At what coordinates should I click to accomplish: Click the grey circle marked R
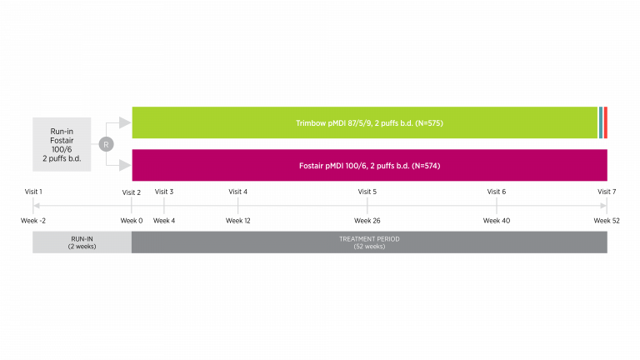pyautogui.click(x=106, y=144)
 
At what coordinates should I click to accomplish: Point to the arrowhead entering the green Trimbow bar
pyautogui.click(x=125, y=122)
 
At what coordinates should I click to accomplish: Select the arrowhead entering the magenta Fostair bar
pyautogui.click(x=125, y=165)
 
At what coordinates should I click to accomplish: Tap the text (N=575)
pyautogui.click(x=428, y=123)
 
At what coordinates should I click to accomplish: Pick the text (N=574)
pyautogui.click(x=425, y=166)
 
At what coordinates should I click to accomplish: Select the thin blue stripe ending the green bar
pyautogui.click(x=600, y=122)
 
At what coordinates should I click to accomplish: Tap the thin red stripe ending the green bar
pyautogui.click(x=605, y=122)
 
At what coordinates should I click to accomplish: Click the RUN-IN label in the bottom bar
pyautogui.click(x=82, y=238)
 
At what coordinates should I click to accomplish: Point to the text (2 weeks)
pyautogui.click(x=82, y=246)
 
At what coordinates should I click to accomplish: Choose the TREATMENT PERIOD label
pyautogui.click(x=369, y=238)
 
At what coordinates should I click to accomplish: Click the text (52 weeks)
pyautogui.click(x=369, y=246)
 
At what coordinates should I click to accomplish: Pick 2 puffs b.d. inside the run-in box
pyautogui.click(x=62, y=158)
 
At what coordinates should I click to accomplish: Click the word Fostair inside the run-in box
pyautogui.click(x=62, y=140)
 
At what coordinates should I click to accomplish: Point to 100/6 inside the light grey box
pyautogui.click(x=62, y=149)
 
